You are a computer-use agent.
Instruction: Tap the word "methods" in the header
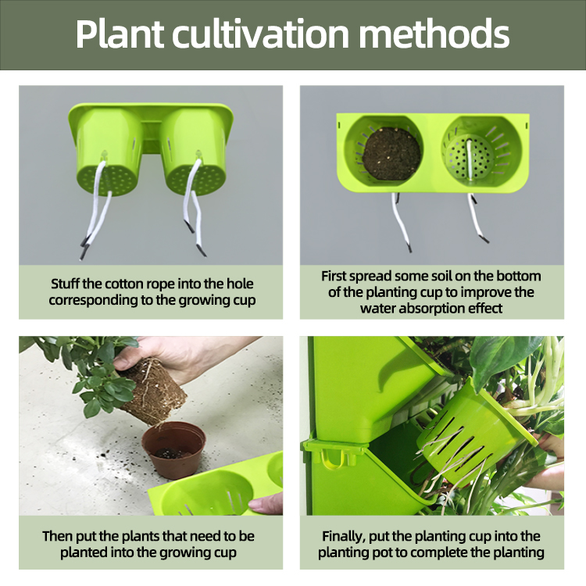point(434,34)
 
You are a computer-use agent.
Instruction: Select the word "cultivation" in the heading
point(260,34)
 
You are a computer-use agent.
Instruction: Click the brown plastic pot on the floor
point(174,449)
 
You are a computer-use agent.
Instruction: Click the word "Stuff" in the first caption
point(65,284)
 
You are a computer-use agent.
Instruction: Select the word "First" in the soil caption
point(334,276)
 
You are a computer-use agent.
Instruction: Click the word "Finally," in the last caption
point(344,537)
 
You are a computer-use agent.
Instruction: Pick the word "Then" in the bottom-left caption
point(57,536)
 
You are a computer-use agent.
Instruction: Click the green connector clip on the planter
point(334,452)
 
